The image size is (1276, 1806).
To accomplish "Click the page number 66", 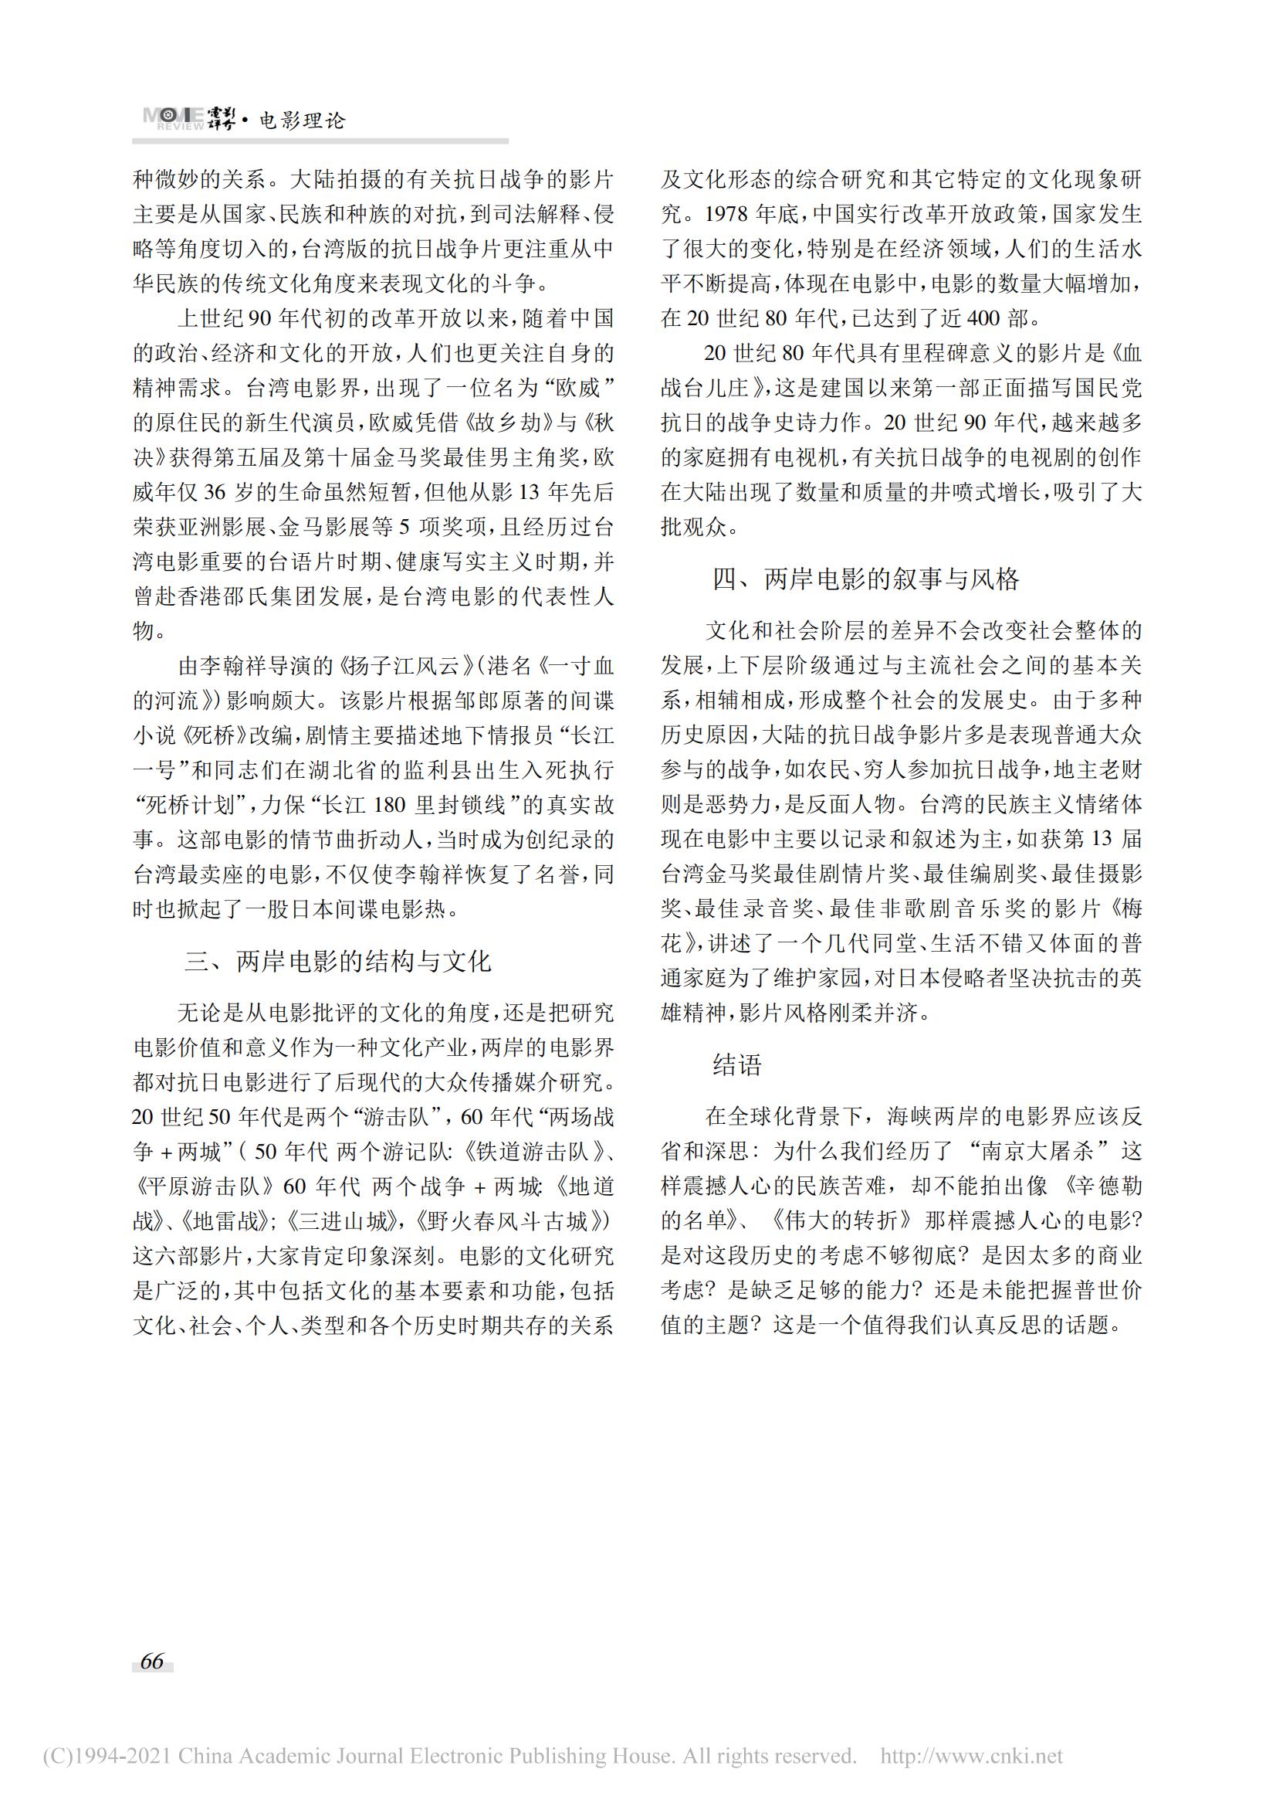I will click(x=152, y=1661).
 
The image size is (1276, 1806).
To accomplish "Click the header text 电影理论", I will click(x=303, y=121).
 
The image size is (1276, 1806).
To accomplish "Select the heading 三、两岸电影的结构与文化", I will click(x=338, y=961).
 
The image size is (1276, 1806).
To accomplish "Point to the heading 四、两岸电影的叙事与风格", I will click(x=865, y=579).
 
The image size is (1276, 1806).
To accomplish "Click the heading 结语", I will click(x=737, y=1065).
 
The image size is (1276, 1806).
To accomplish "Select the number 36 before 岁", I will click(x=214, y=492).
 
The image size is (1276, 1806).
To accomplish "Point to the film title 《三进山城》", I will click(x=340, y=1221).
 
